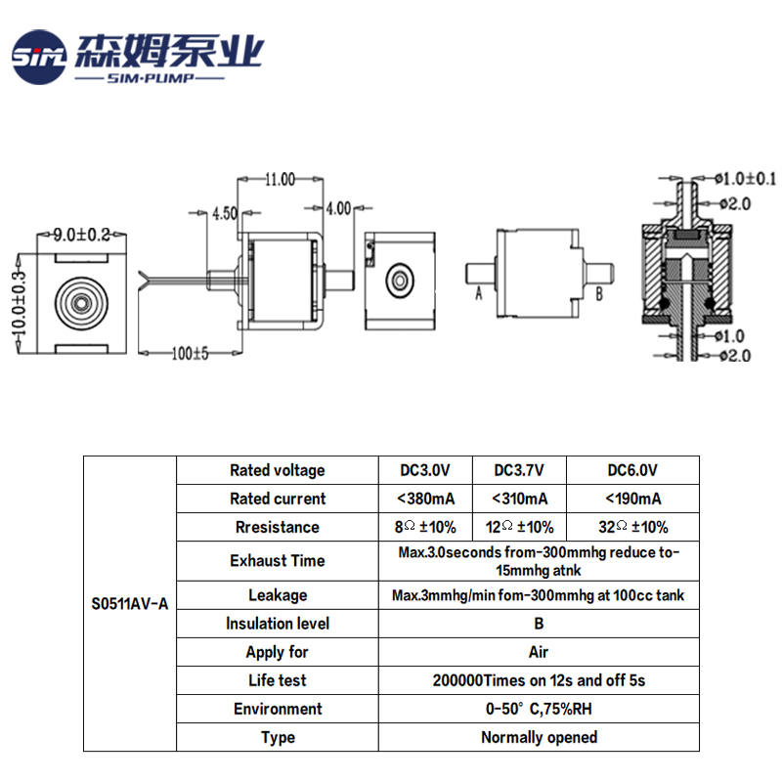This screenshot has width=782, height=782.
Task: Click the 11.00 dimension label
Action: [x=280, y=179]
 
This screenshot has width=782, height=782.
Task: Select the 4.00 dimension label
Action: [x=337, y=208]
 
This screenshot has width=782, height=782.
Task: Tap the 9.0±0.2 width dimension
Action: [x=82, y=235]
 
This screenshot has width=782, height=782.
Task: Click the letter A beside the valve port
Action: [x=479, y=291]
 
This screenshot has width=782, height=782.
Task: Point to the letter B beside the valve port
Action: [x=599, y=291]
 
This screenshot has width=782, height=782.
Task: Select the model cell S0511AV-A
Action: [x=129, y=604]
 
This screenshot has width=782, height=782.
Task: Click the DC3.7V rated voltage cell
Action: [x=519, y=470]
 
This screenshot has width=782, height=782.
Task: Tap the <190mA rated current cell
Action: [x=632, y=499]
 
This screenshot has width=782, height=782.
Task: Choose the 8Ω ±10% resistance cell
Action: [x=426, y=527]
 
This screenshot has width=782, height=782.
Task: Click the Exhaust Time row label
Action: [x=278, y=561]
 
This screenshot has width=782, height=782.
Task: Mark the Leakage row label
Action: [x=278, y=595]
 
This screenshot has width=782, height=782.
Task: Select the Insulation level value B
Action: [x=539, y=624]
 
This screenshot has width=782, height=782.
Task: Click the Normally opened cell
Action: [x=539, y=737]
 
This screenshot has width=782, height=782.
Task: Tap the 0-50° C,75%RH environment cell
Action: [x=539, y=709]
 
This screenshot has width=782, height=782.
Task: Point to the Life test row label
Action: [x=278, y=680]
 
